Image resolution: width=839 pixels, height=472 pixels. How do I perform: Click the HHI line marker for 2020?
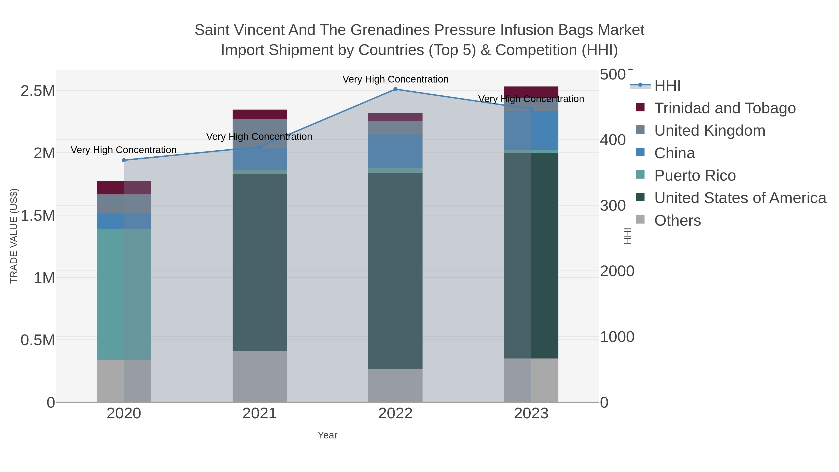124,160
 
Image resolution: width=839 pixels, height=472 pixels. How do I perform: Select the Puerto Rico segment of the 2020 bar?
124,294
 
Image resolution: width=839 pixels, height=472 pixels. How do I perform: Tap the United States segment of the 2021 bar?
260,262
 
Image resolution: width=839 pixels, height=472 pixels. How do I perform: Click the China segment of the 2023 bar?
531,130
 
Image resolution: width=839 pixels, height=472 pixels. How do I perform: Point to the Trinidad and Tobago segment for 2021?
260,114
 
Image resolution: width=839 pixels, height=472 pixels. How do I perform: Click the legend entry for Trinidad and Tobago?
725,108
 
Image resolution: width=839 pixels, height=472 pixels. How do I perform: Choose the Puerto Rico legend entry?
695,176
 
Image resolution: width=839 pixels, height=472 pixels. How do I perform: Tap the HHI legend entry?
667,86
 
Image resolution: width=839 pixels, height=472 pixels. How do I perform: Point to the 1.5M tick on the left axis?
38,215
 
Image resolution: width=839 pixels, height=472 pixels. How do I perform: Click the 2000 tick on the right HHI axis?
617,271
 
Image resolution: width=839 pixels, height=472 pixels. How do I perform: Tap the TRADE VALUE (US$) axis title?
14,236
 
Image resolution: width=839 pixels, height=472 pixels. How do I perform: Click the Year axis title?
327,435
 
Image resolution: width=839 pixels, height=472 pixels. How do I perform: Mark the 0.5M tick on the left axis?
38,340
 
